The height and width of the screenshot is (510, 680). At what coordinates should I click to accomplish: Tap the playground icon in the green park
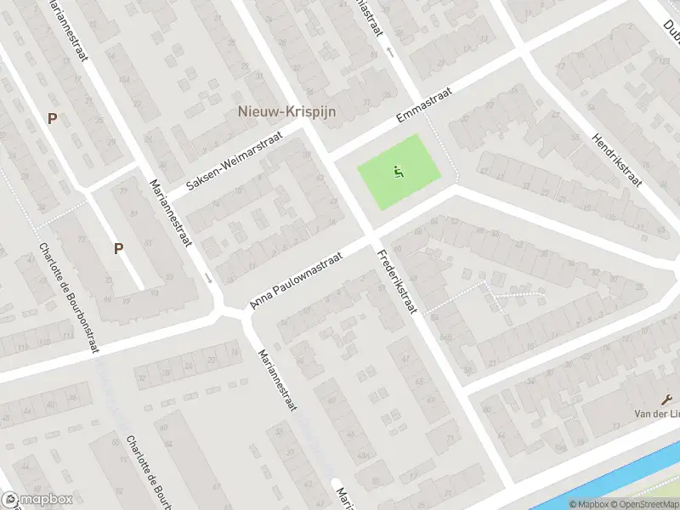[x=397, y=173]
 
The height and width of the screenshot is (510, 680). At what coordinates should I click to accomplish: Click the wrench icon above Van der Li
[x=665, y=401]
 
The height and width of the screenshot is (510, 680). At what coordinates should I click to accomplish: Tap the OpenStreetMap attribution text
[x=643, y=504]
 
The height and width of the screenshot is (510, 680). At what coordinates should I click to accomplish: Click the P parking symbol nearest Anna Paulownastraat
[x=119, y=248]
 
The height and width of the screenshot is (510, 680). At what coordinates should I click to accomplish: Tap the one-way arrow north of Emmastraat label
[x=390, y=53]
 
